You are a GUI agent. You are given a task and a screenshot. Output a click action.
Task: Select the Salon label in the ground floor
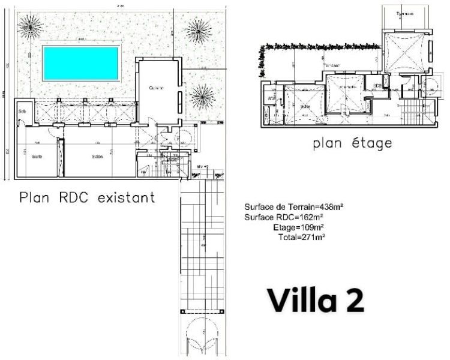(97, 157)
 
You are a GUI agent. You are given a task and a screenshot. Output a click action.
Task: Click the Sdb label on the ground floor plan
(22, 112)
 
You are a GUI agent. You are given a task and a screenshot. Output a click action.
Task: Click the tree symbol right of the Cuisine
(202, 94)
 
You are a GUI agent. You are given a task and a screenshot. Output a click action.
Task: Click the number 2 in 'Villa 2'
(353, 301)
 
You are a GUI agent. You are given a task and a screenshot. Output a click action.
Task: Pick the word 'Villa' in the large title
(299, 301)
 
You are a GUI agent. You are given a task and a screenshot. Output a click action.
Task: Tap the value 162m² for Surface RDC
(311, 217)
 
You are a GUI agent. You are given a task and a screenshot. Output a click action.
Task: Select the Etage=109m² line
(298, 227)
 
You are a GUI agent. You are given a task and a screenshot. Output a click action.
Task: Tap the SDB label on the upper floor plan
(377, 86)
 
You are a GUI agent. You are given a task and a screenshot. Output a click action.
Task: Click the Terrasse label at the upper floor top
(409, 13)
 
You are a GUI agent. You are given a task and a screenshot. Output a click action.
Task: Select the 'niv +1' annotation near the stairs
(201, 166)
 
